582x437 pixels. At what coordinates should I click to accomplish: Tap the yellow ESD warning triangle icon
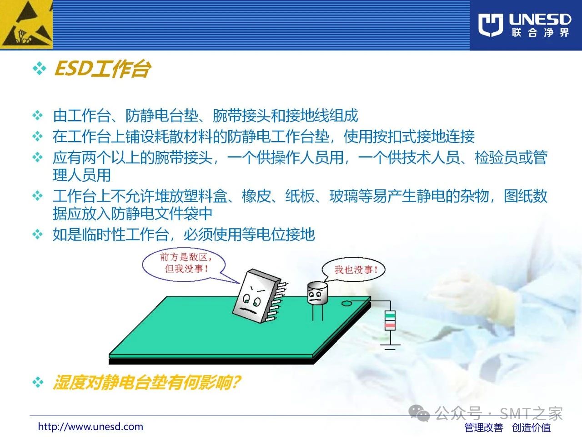[x=26, y=25]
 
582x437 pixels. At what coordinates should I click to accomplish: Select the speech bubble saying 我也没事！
[x=353, y=269]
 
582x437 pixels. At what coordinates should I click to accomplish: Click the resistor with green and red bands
[x=390, y=320]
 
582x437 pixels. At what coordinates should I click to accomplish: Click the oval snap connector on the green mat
[x=346, y=303]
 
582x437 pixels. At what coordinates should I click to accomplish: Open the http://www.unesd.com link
[x=90, y=427]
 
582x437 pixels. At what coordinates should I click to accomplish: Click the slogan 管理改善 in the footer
[x=484, y=427]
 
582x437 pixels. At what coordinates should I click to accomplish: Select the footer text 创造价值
[x=531, y=427]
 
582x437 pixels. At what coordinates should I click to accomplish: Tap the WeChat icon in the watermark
[x=419, y=413]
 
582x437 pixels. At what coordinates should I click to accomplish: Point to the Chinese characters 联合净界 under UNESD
[x=540, y=33]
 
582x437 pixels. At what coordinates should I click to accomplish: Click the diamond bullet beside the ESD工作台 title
[x=39, y=69]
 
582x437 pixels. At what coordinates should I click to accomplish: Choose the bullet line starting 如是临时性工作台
[x=184, y=234]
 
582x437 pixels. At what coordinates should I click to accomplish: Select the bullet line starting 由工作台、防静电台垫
[x=206, y=116]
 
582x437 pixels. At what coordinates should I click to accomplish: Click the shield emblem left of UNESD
[x=491, y=25]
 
